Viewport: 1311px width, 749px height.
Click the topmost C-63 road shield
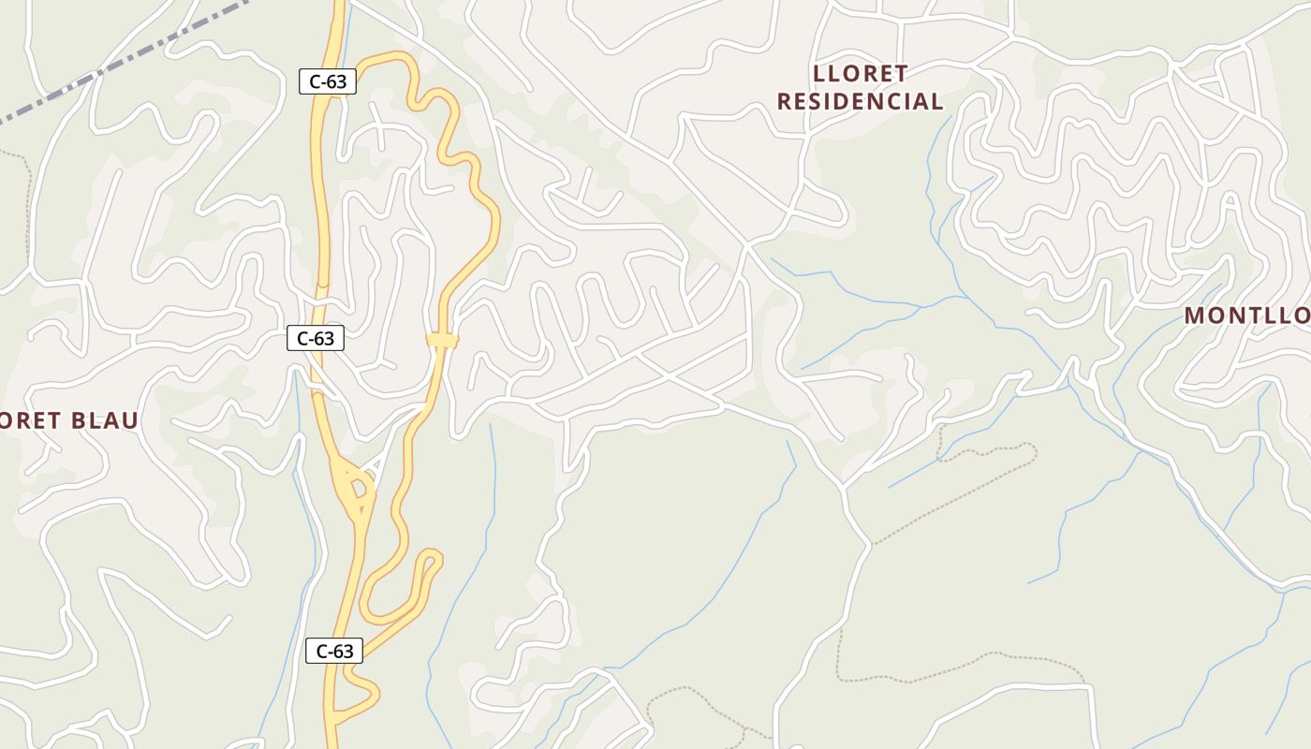[x=328, y=81]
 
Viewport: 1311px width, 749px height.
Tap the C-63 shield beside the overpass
[x=315, y=338]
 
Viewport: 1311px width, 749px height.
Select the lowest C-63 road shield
[x=334, y=651]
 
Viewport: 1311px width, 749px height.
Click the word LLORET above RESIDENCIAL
[x=861, y=73]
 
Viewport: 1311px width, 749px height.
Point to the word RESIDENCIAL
[x=860, y=101]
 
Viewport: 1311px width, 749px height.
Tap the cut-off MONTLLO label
[x=1247, y=316]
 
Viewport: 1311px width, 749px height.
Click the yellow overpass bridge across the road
[x=442, y=341]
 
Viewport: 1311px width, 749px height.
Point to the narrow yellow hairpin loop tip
[x=432, y=559]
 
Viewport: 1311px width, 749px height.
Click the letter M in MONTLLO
[x=1194, y=316]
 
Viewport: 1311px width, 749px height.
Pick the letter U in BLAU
[x=130, y=420]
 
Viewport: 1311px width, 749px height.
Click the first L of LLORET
[x=821, y=73]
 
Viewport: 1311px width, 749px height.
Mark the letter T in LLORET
[x=901, y=73]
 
